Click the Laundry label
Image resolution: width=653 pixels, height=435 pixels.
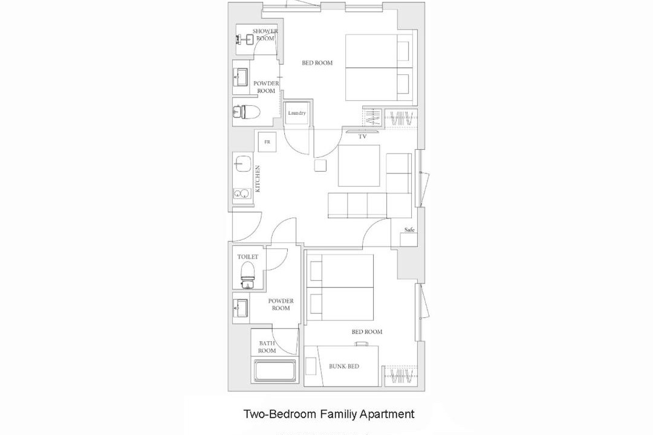click(297, 113)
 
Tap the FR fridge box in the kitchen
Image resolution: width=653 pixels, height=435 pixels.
click(267, 143)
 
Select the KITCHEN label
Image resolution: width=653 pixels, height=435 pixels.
click(258, 179)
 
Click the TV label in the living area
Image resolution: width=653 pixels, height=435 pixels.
click(362, 136)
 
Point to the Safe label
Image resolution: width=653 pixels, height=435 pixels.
click(409, 230)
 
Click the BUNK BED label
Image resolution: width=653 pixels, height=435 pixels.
click(344, 366)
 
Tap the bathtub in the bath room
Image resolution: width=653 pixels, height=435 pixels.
click(275, 371)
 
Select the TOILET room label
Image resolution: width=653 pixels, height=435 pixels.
click(248, 257)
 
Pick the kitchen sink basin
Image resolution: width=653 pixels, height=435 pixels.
click(243, 164)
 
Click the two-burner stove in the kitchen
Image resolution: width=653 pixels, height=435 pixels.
click(242, 193)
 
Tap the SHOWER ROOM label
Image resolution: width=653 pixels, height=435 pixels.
click(265, 35)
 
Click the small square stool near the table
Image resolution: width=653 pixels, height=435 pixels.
click(320, 166)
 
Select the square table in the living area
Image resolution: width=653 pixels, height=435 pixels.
click(359, 166)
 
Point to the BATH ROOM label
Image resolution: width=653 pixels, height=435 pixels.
click(267, 347)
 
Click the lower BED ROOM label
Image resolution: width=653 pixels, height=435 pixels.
click(367, 332)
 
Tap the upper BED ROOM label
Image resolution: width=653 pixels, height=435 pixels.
click(317, 63)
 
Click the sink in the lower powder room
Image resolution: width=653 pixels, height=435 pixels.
click(241, 309)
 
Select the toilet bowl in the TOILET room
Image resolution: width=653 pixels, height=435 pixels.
click(248, 272)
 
